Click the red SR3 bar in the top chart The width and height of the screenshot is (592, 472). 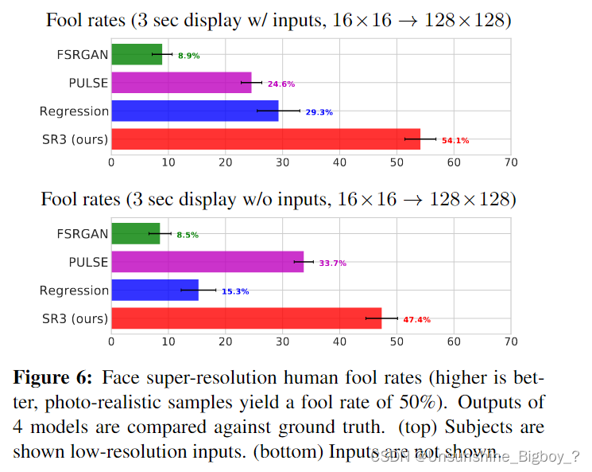[x=265, y=139]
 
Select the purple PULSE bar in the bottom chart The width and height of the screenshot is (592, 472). [x=207, y=262]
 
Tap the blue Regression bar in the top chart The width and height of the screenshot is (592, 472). [x=195, y=111]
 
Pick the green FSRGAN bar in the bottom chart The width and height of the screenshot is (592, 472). [x=136, y=234]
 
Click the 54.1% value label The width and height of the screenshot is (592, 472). [x=455, y=141]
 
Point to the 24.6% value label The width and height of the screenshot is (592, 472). [x=282, y=84]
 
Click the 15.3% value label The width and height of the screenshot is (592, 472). [x=235, y=291]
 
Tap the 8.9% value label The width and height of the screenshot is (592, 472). [x=188, y=56]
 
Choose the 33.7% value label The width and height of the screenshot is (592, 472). [x=332, y=263]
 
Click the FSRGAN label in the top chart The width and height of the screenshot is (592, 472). [x=83, y=54]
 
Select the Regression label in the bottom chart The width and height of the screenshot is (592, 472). [x=74, y=291]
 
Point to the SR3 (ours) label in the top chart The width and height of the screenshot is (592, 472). [x=74, y=140]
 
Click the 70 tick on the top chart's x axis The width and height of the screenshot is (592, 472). [x=511, y=162]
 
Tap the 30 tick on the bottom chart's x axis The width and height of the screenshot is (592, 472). [x=283, y=341]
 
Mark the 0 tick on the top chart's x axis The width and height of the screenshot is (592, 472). [x=111, y=162]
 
